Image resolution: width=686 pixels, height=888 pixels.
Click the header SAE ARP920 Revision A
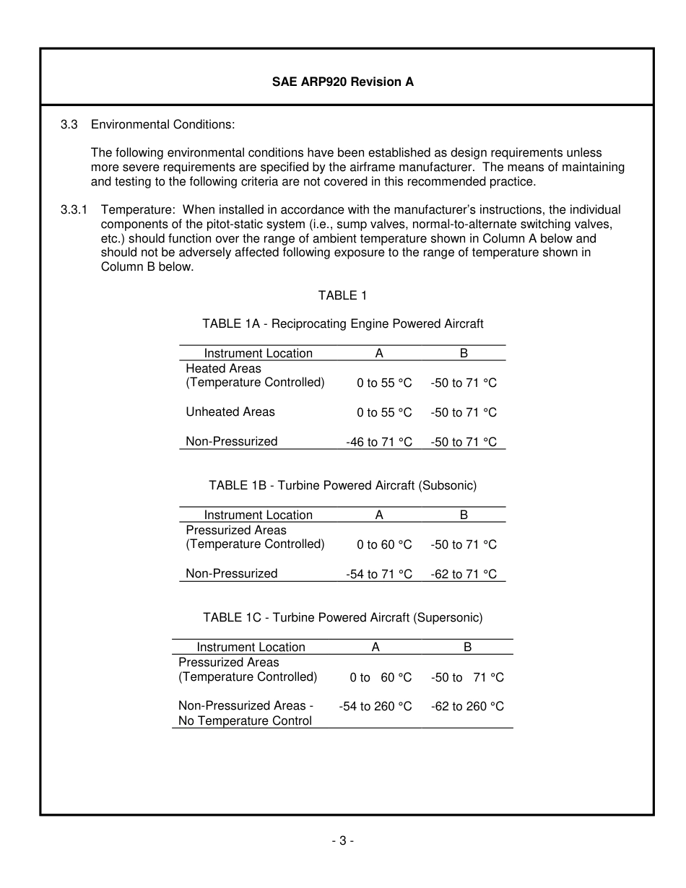coord(342,82)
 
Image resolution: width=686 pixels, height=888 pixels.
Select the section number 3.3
coord(69,124)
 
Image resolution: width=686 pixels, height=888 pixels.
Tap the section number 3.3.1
coord(74,210)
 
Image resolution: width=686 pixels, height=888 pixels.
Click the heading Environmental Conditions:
coord(162,124)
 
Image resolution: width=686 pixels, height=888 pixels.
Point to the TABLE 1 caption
coord(342,295)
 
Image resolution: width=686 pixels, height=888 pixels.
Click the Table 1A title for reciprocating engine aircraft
coord(342,323)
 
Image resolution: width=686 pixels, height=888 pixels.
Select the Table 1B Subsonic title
coord(342,485)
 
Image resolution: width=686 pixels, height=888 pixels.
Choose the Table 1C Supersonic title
coord(342,617)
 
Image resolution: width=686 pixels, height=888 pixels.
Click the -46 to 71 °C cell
coord(379,442)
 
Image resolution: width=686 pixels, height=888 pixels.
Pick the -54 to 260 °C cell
coord(375,706)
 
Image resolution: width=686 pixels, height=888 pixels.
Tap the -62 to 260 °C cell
coord(467,706)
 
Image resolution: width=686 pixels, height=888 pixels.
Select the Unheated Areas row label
coord(230,412)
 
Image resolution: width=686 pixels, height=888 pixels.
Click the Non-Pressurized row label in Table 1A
coord(231,441)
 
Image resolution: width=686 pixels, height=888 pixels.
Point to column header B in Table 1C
coord(467,648)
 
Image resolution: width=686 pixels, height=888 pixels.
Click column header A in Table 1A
coord(379,353)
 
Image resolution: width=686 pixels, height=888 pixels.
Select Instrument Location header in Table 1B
coord(258,515)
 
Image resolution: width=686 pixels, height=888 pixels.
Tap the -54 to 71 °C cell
coord(379,574)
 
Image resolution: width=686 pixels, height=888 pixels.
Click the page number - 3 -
coord(342,840)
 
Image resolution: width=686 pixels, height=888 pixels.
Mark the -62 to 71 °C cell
coord(464,574)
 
